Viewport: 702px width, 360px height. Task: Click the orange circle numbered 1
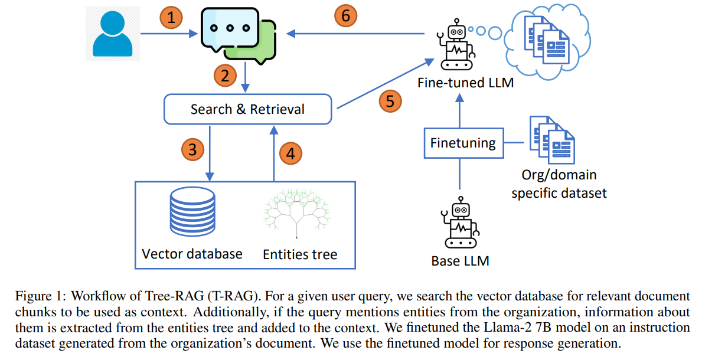[x=171, y=19]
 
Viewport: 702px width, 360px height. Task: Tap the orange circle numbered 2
[x=225, y=76]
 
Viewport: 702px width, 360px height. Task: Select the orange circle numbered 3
[x=192, y=150]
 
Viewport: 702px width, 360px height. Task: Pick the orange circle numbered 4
[x=290, y=154]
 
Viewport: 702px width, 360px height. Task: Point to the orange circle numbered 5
[x=390, y=100]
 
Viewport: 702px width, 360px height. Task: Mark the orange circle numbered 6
[x=346, y=16]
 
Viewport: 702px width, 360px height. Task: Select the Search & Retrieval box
[x=247, y=110]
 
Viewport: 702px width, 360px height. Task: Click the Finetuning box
[x=463, y=143]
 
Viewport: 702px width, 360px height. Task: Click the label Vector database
[x=192, y=254]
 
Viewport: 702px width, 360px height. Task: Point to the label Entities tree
[x=300, y=254]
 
